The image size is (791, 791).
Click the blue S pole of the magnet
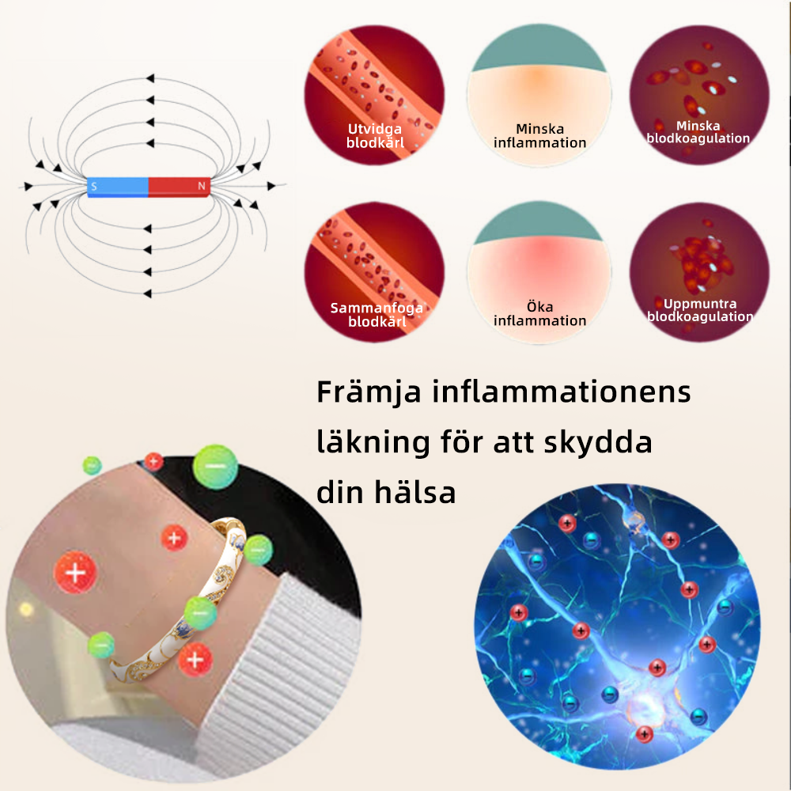[117, 187]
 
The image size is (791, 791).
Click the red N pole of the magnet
[180, 187]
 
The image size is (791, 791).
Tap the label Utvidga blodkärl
[375, 136]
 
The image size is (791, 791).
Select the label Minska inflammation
[540, 136]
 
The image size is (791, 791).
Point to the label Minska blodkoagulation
[698, 132]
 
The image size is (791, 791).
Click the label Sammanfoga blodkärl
[377, 315]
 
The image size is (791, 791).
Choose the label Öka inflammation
[540, 314]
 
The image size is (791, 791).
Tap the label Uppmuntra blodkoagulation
[700, 310]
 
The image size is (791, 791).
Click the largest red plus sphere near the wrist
[76, 571]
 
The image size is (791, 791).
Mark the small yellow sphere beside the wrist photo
[26, 609]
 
